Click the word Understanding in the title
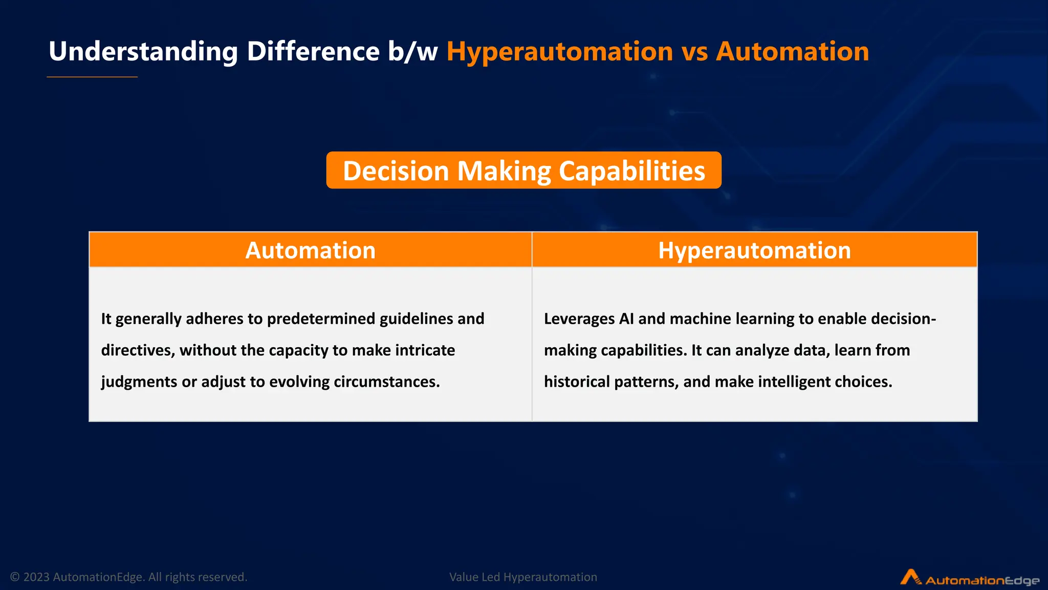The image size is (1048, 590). click(143, 52)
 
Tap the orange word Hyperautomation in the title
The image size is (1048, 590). click(559, 52)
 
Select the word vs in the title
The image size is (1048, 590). click(694, 52)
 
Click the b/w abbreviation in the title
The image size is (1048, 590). click(412, 52)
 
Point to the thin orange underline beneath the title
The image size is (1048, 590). click(92, 77)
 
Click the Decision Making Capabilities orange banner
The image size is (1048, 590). click(523, 171)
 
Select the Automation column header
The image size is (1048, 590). click(310, 250)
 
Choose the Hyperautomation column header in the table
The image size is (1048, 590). click(754, 250)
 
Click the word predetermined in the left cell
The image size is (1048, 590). click(321, 319)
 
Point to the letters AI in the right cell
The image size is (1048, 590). click(626, 319)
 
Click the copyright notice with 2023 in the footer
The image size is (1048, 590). click(128, 577)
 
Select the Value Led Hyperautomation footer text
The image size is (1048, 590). click(523, 577)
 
